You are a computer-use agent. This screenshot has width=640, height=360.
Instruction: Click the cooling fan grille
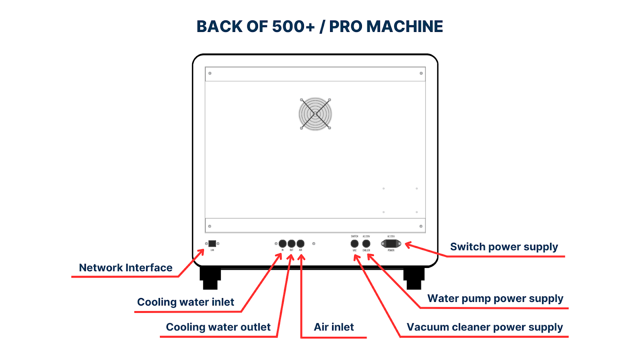(315, 114)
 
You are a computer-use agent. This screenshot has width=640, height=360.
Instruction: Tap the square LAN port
(212, 244)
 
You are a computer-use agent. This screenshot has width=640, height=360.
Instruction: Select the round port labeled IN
(282, 244)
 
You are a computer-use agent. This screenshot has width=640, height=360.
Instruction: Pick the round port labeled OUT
(292, 244)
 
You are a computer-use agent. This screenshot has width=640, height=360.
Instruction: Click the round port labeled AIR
(300, 244)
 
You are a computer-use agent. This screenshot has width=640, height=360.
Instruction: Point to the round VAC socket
(354, 244)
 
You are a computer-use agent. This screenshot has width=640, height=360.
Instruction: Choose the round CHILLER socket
(366, 244)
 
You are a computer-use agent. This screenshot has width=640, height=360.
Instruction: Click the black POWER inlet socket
(391, 244)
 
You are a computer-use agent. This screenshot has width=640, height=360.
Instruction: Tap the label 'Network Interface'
(126, 268)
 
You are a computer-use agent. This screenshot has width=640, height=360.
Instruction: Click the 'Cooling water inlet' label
(186, 302)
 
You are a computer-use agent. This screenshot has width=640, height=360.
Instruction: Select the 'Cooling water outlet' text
(218, 327)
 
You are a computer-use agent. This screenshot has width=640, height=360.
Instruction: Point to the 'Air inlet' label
(334, 327)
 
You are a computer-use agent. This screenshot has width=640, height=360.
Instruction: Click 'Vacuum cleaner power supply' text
(484, 327)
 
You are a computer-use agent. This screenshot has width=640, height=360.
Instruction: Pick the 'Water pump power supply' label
(495, 299)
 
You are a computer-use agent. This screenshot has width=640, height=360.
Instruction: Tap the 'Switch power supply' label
(504, 247)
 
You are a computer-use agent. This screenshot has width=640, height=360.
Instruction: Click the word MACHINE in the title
(404, 27)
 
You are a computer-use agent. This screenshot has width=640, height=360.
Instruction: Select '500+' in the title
(293, 27)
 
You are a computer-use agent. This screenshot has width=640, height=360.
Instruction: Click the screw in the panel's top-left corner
(210, 73)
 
